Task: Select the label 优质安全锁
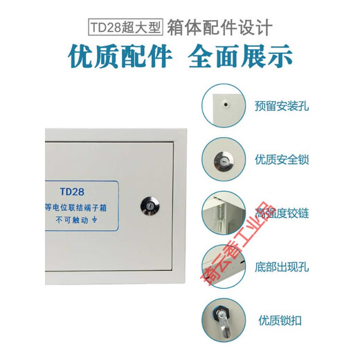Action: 282,159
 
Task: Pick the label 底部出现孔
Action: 278,266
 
